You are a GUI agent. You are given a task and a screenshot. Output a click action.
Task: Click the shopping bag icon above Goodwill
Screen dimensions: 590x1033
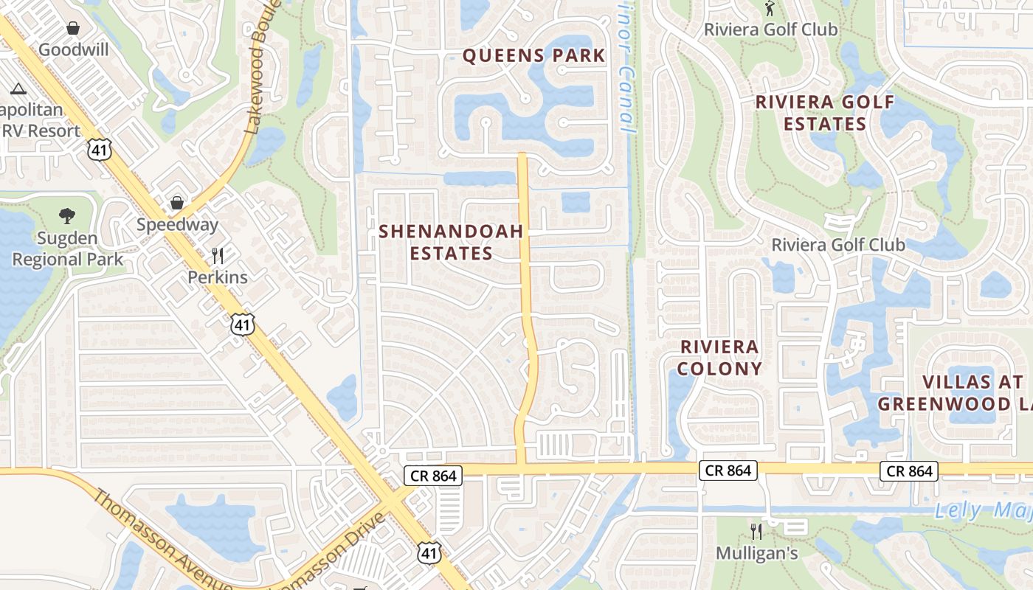pyautogui.click(x=73, y=28)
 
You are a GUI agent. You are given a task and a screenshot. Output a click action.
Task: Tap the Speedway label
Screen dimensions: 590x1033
pyautogui.click(x=177, y=225)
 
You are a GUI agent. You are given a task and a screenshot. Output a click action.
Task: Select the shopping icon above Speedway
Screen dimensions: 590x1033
pyautogui.click(x=177, y=202)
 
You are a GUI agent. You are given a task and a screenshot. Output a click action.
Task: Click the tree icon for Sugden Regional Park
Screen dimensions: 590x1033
pyautogui.click(x=67, y=216)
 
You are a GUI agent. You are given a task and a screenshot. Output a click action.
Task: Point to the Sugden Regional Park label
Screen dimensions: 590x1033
pyautogui.click(x=68, y=249)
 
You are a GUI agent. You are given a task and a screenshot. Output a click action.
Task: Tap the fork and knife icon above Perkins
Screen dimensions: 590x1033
pyautogui.click(x=218, y=256)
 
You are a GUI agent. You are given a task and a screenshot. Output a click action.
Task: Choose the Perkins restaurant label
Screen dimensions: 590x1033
pyautogui.click(x=218, y=277)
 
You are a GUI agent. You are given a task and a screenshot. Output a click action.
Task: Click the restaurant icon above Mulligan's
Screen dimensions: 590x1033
pyautogui.click(x=756, y=531)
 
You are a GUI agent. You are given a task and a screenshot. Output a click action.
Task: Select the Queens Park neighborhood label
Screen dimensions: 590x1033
pyautogui.click(x=534, y=55)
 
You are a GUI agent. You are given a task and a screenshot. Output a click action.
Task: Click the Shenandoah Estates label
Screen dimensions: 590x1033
pyautogui.click(x=451, y=242)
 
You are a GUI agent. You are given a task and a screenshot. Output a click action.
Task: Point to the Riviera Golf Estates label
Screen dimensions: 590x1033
pyautogui.click(x=825, y=113)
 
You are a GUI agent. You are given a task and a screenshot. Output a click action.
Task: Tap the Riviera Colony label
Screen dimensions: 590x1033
pyautogui.click(x=719, y=358)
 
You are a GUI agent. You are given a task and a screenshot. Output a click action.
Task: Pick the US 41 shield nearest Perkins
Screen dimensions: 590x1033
pyautogui.click(x=243, y=323)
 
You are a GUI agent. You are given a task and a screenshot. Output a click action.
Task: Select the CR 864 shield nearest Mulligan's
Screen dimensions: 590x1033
pyautogui.click(x=728, y=471)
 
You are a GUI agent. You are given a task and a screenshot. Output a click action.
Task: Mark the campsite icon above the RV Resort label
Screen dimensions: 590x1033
pyautogui.click(x=18, y=89)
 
